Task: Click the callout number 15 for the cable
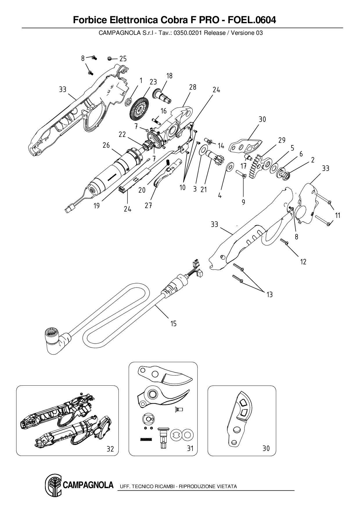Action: tap(173, 324)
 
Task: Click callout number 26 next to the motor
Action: tap(106, 145)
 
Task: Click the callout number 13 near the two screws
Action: tap(269, 295)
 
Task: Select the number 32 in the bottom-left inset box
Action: tap(110, 449)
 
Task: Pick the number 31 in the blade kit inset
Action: tap(190, 448)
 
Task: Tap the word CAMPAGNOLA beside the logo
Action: tap(88, 485)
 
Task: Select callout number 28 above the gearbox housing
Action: tap(192, 87)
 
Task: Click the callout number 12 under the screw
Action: tap(303, 262)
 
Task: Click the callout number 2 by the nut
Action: tap(312, 160)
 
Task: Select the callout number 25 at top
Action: tap(123, 59)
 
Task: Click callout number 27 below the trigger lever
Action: tap(148, 205)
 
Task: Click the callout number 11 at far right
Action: tap(337, 215)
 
